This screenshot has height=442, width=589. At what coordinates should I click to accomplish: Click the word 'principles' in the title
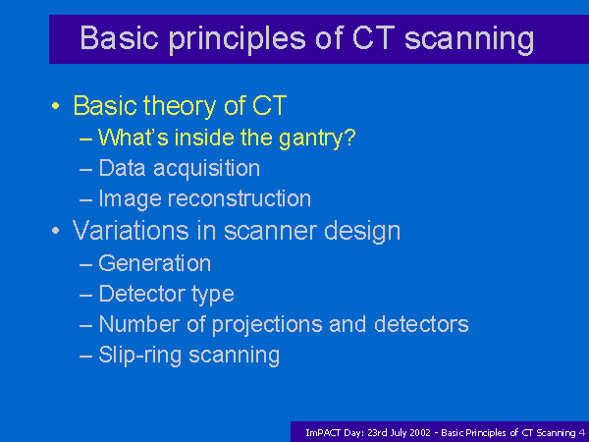(237, 39)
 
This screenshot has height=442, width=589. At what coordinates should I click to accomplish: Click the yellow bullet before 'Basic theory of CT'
(56, 106)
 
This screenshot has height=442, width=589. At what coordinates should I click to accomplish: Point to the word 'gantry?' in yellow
(317, 138)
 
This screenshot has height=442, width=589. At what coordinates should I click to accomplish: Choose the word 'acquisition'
(206, 169)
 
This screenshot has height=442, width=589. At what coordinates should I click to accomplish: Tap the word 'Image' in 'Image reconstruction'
(130, 198)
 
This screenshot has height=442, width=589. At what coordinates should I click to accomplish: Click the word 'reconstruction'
(240, 198)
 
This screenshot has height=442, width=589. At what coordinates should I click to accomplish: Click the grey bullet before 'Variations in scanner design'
(56, 231)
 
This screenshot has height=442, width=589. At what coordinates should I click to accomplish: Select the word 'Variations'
(131, 231)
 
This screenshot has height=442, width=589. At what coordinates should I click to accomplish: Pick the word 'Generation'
(155, 263)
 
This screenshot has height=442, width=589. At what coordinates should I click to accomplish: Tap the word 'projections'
(267, 325)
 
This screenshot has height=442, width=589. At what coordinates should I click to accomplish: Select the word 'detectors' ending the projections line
(421, 324)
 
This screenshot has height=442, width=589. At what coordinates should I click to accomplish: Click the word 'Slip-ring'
(140, 356)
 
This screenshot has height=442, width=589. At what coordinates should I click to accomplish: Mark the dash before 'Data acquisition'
(86, 170)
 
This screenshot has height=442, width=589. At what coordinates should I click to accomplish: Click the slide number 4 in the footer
(582, 433)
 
